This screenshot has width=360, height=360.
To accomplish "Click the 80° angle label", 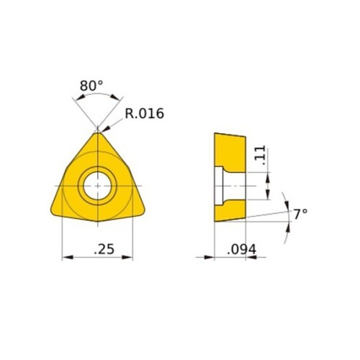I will tap(91, 86).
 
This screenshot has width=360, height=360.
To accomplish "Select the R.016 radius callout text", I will tap(145, 114).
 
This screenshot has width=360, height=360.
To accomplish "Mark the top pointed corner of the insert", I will tap(97, 130).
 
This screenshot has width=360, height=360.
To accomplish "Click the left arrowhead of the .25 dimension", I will tap(67, 257).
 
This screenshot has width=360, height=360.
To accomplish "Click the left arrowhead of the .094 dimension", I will tap(210, 257).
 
